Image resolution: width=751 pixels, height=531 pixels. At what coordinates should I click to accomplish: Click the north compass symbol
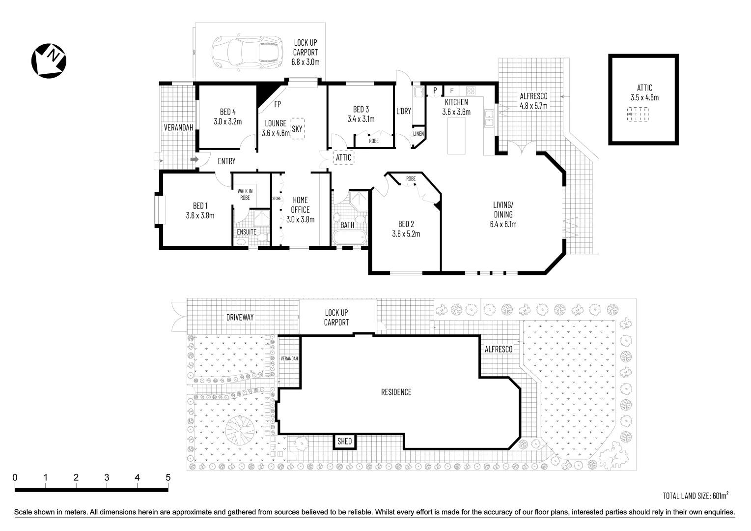(x=49, y=60)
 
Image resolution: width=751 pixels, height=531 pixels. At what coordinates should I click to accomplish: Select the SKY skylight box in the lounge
(x=297, y=129)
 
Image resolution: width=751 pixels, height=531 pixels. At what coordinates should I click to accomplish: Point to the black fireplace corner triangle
(x=266, y=93)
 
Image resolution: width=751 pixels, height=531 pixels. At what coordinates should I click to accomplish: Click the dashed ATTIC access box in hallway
(x=343, y=158)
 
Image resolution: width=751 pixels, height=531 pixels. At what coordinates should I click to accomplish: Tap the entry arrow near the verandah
(x=194, y=160)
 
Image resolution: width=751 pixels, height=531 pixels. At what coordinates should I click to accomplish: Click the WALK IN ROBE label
(x=245, y=194)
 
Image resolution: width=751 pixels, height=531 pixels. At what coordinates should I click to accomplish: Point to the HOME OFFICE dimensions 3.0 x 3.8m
(x=300, y=219)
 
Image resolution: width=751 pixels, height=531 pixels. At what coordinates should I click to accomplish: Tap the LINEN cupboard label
(x=418, y=134)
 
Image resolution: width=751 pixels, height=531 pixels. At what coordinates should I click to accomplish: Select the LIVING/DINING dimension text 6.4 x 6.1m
(x=503, y=224)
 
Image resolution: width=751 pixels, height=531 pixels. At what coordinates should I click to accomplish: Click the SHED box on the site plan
(x=344, y=442)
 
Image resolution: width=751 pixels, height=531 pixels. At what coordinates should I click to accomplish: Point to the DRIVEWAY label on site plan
(x=240, y=318)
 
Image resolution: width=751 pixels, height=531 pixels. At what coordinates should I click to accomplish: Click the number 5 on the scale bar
(x=168, y=477)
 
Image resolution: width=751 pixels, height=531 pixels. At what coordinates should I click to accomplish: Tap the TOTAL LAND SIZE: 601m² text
(x=695, y=495)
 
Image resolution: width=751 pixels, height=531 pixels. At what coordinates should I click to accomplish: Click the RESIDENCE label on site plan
(x=396, y=392)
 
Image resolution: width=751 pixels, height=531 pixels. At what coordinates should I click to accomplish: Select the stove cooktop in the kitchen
(x=471, y=91)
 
